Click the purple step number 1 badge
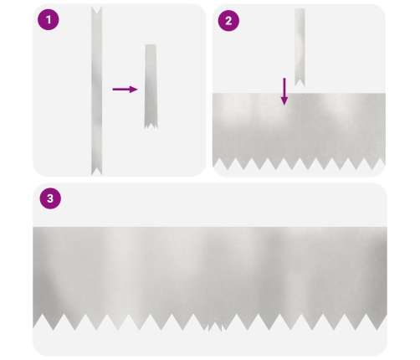pyautogui.click(x=49, y=19)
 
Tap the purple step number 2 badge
pyautogui.click(x=228, y=21)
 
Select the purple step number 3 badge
pyautogui.click(x=50, y=198)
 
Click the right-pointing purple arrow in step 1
pyautogui.click(x=125, y=90)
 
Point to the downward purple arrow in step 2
pyautogui.click(x=284, y=91)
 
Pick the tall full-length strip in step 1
pyautogui.click(x=96, y=90)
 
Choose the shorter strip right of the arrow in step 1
pyautogui.click(x=151, y=86)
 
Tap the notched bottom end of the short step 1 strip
pyautogui.click(x=151, y=126)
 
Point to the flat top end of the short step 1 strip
pyautogui.click(x=151, y=44)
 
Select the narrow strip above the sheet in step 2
pyautogui.click(x=300, y=47)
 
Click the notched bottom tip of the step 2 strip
pyautogui.click(x=300, y=83)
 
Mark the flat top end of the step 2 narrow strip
pyautogui.click(x=300, y=9)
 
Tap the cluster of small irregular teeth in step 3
pyautogui.click(x=215, y=325)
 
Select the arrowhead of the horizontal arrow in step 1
pyautogui.click(x=134, y=90)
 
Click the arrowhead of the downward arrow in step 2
pyautogui.click(x=284, y=101)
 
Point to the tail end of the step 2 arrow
pyautogui.click(x=284, y=79)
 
